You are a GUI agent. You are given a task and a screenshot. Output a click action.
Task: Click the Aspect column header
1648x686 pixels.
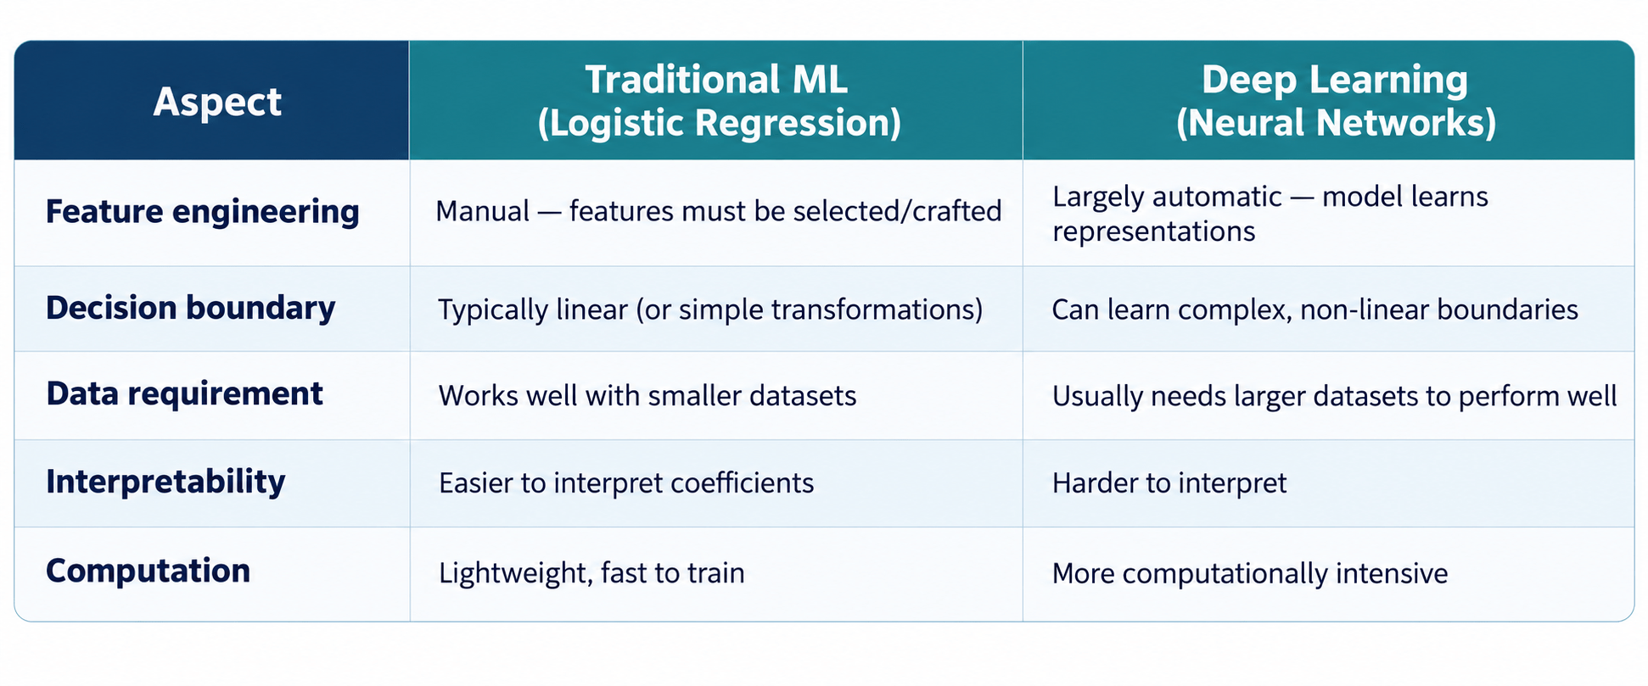pyautogui.click(x=217, y=103)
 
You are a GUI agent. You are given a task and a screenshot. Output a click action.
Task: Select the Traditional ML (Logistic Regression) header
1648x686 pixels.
pyautogui.click(x=718, y=101)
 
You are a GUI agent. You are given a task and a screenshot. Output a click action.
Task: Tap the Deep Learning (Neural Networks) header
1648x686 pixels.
pyautogui.click(x=1335, y=101)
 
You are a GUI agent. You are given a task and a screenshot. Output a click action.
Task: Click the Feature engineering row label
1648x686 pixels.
pyautogui.click(x=202, y=212)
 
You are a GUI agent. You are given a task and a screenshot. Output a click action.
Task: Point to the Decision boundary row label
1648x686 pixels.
pyautogui.click(x=190, y=308)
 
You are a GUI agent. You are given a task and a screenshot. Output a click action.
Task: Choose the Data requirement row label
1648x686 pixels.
pyautogui.click(x=184, y=393)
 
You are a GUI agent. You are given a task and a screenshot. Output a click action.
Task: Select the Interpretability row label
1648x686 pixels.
pyautogui.click(x=165, y=482)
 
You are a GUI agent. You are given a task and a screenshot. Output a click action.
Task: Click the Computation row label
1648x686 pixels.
pyautogui.click(x=148, y=571)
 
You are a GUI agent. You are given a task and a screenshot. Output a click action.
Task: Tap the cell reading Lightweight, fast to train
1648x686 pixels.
pyautogui.click(x=591, y=573)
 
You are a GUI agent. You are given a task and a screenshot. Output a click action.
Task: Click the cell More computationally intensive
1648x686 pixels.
pyautogui.click(x=1249, y=573)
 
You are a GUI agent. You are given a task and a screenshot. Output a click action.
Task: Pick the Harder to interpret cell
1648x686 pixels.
pyautogui.click(x=1169, y=483)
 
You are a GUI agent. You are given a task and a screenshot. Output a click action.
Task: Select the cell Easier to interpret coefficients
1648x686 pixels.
pyautogui.click(x=625, y=483)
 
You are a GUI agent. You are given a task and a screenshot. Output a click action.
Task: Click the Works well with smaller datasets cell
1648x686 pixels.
pyautogui.click(x=647, y=396)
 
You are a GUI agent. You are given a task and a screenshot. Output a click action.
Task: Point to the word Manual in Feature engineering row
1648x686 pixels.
pyautogui.click(x=482, y=211)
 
